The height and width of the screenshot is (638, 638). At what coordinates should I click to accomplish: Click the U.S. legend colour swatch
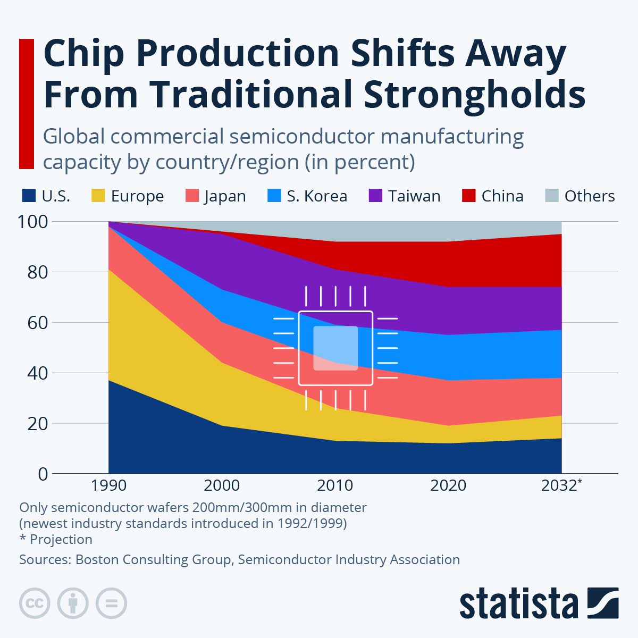29,196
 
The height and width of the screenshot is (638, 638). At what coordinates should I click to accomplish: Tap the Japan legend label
225,196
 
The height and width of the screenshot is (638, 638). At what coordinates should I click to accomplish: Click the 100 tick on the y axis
33,221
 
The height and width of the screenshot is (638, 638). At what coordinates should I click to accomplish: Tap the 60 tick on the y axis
37,322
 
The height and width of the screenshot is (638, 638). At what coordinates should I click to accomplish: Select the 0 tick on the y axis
43,474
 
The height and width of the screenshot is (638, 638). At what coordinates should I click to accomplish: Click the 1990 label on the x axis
108,485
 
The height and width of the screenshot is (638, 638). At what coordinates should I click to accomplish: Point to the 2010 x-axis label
335,485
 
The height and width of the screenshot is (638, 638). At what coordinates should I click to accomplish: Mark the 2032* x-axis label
561,485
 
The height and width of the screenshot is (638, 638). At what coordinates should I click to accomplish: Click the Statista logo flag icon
603,603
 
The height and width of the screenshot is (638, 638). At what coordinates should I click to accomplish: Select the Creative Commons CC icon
35,603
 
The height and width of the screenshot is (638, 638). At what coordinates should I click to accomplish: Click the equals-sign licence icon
111,603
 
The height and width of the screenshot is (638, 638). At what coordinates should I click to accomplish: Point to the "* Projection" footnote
56,539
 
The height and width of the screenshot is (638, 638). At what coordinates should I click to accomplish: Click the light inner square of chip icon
335,348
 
